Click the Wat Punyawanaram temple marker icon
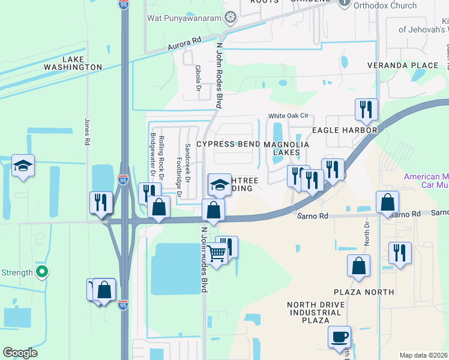(x=230, y=17)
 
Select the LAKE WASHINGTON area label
(x=81, y=64)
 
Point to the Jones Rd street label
(x=88, y=131)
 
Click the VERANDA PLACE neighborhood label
(x=403, y=65)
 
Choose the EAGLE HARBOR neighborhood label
(x=344, y=130)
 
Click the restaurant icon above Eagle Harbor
(x=366, y=109)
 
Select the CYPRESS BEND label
(x=228, y=145)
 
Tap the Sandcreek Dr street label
(x=187, y=160)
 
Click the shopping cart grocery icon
(x=217, y=255)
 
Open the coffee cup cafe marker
(x=339, y=336)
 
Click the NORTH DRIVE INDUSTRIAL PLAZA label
(x=317, y=313)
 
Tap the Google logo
(x=20, y=353)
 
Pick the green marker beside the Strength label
(x=41, y=273)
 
